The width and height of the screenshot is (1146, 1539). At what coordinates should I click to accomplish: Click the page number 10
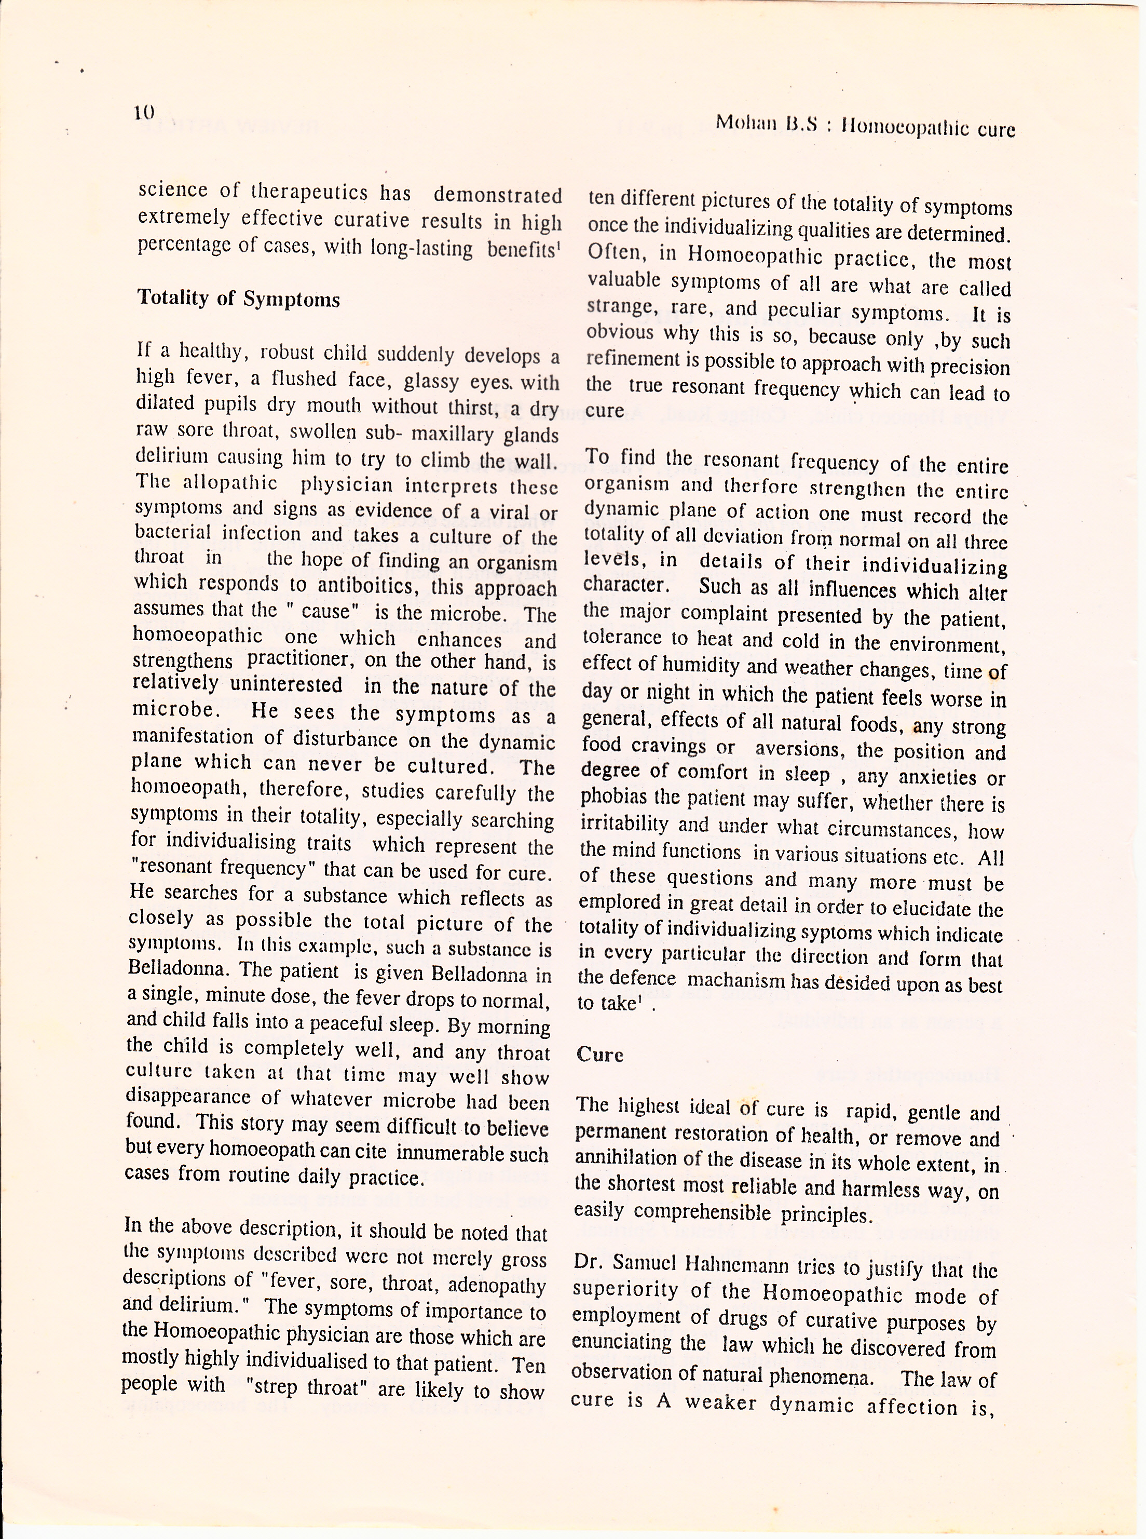pos(144,112)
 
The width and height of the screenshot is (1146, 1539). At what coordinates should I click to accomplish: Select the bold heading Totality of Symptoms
pos(239,299)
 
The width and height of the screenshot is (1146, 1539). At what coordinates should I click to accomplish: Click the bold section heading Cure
pos(600,1055)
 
